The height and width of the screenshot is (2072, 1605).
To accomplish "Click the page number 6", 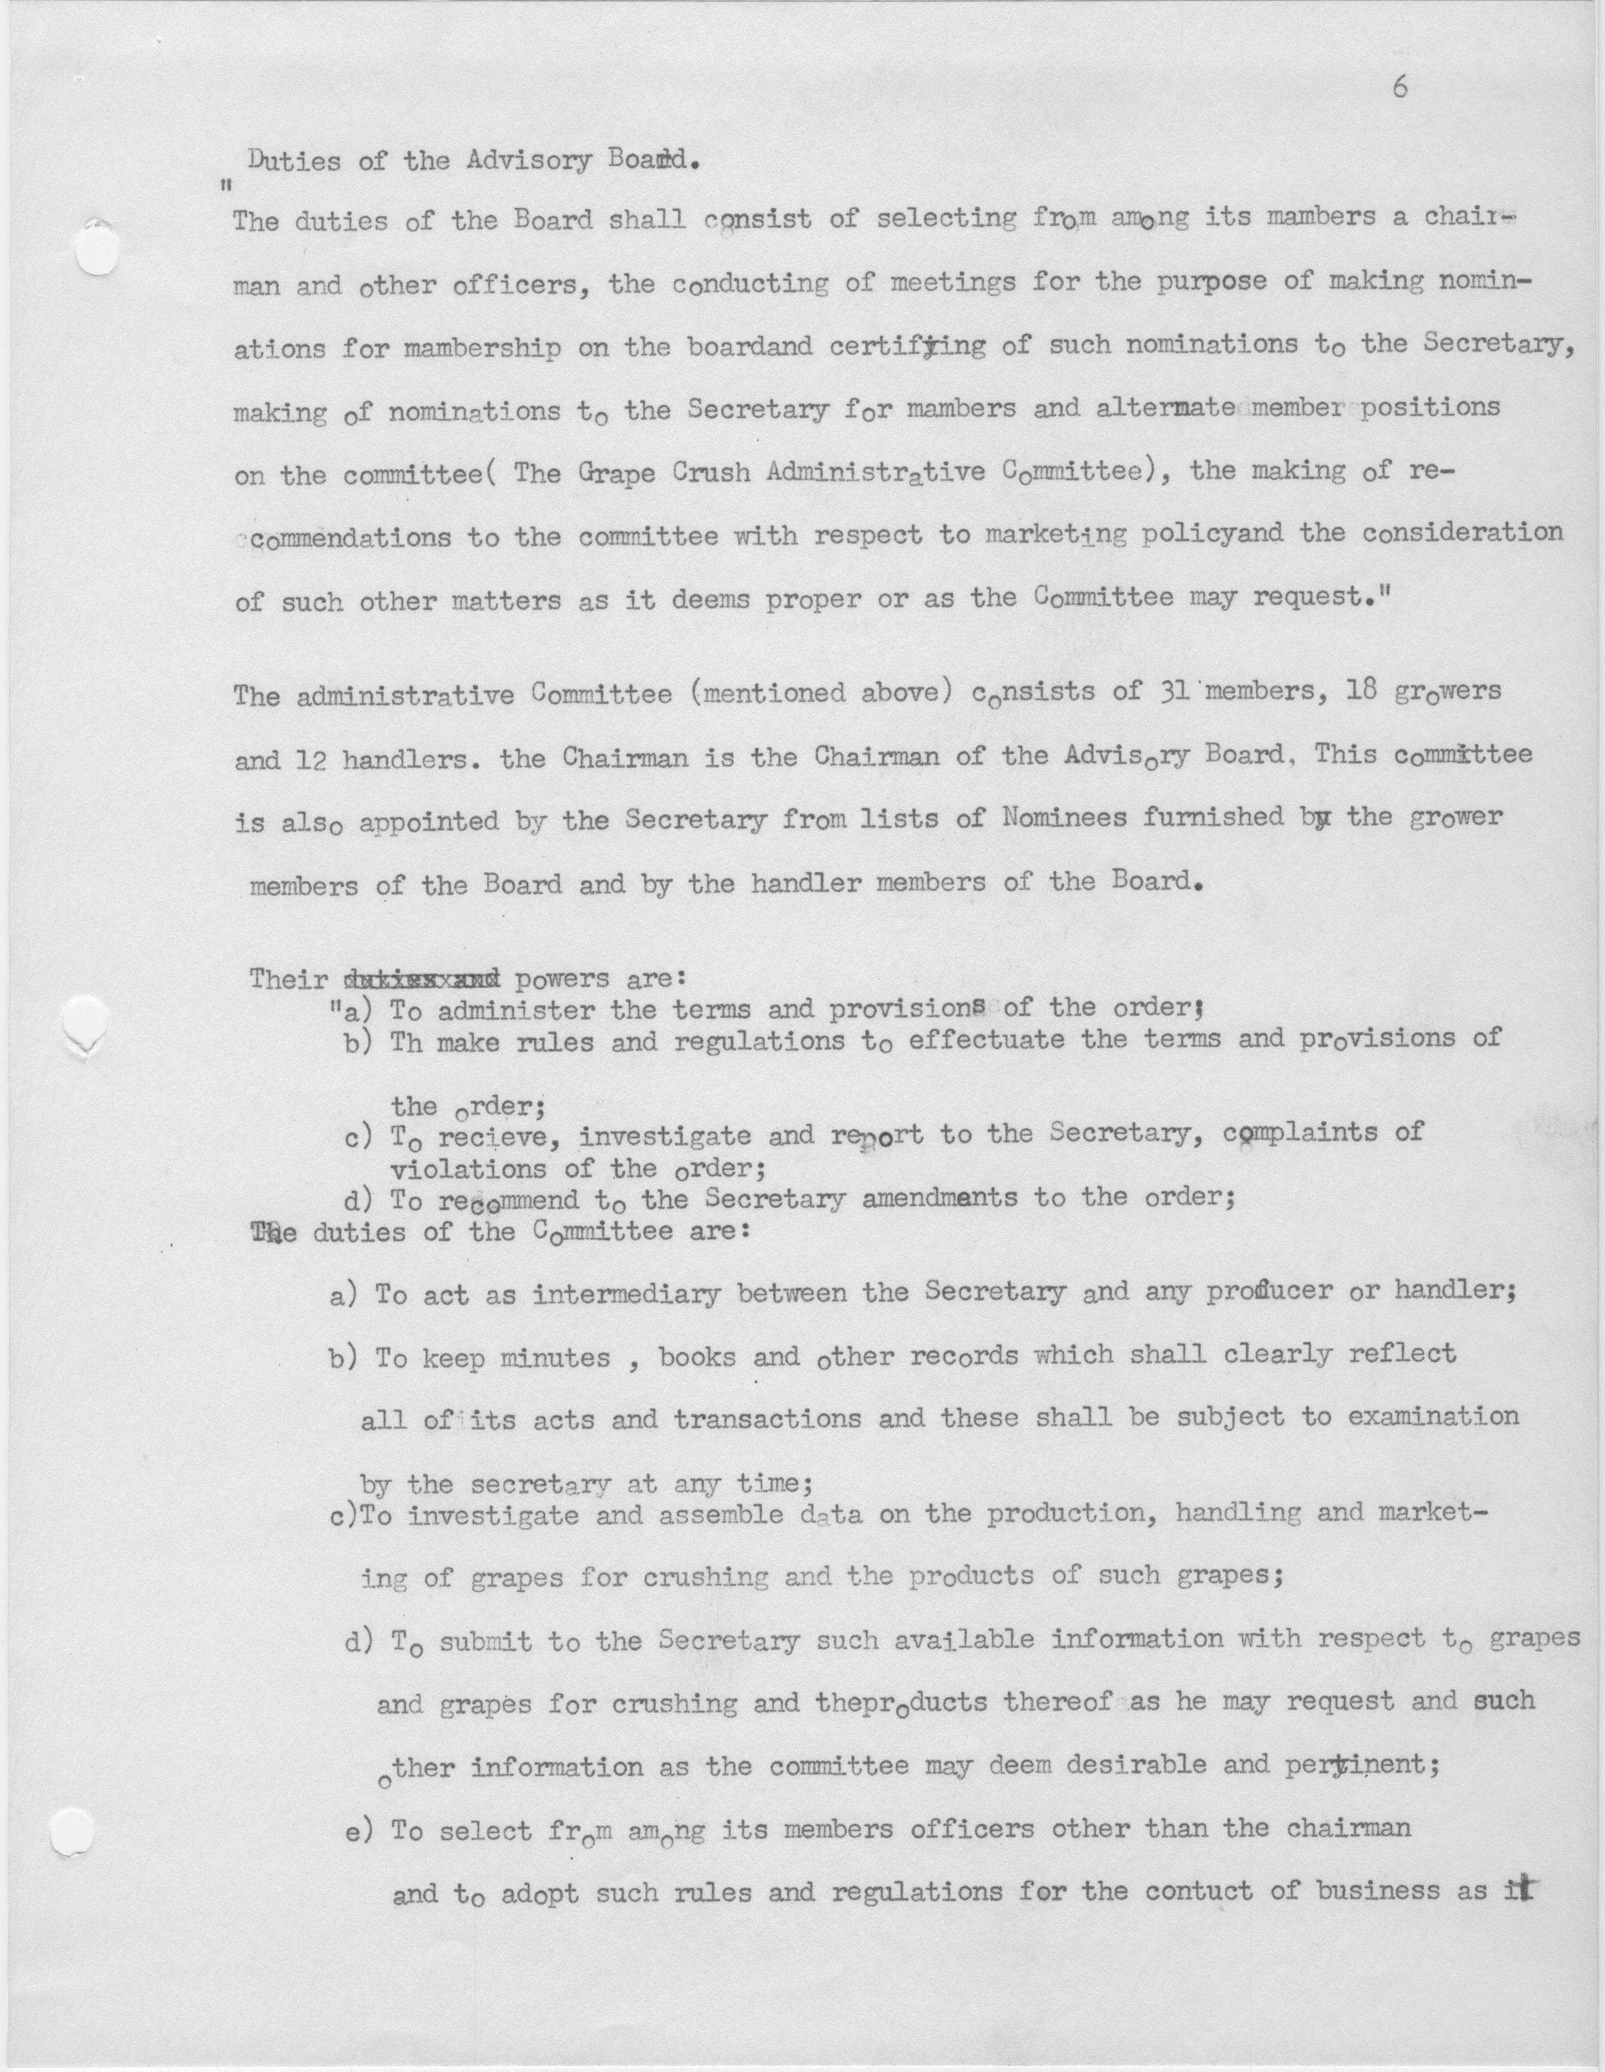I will coord(1400,87).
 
